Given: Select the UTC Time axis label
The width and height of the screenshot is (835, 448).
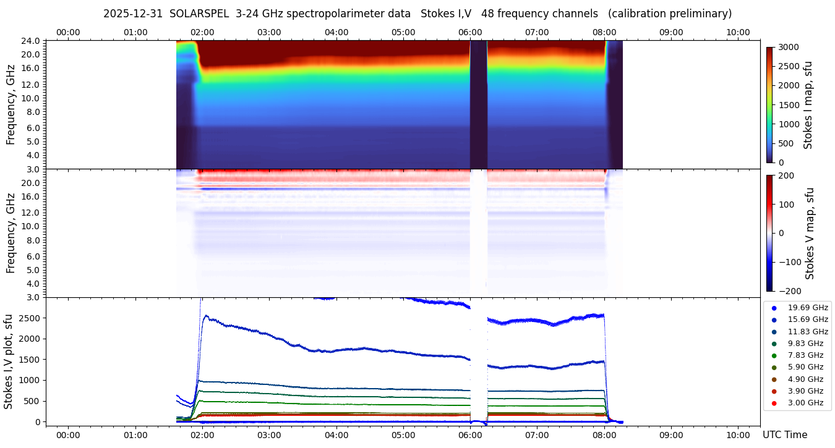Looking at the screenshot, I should click(785, 435).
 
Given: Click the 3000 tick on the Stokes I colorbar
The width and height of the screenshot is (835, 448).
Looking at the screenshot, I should click(789, 47).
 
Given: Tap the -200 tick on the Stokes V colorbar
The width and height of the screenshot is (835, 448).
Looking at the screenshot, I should click(789, 291).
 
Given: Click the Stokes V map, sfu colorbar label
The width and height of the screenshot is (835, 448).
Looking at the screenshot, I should click(810, 234).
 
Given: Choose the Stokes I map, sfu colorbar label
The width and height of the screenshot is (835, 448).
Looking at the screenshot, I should click(808, 105).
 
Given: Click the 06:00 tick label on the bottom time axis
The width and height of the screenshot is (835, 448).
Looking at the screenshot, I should click(470, 435).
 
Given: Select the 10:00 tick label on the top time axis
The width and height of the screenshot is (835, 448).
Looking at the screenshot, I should click(738, 32).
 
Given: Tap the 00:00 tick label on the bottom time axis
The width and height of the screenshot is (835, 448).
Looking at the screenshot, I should click(68, 435).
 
